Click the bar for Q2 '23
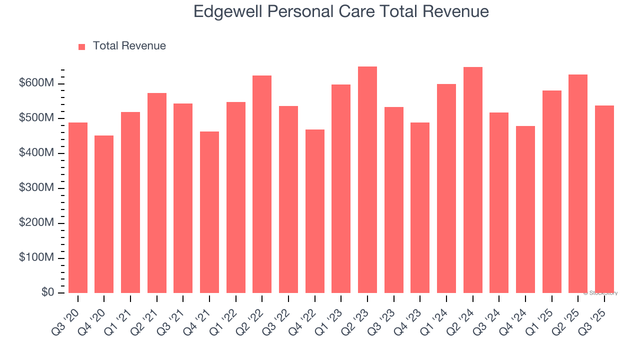367,180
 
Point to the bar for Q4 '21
209,212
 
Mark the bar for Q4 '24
525,209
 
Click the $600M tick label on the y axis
36,83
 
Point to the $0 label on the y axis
48,292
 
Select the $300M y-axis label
36,188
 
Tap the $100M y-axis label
36,257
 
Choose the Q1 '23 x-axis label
330,315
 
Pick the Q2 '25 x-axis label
567,315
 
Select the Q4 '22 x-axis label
304,315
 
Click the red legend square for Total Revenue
82,46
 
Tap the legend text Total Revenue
129,46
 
